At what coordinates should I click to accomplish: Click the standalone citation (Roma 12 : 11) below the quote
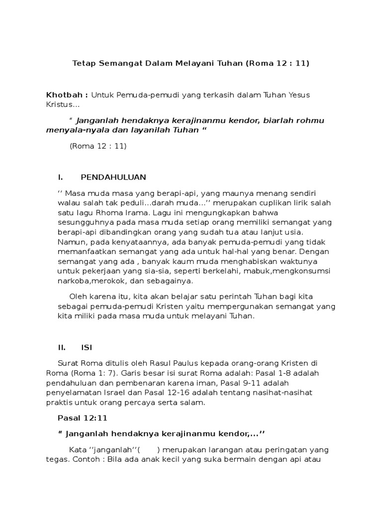click(98, 146)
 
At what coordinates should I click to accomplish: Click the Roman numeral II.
click(63, 347)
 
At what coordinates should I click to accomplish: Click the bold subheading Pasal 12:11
click(80, 419)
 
